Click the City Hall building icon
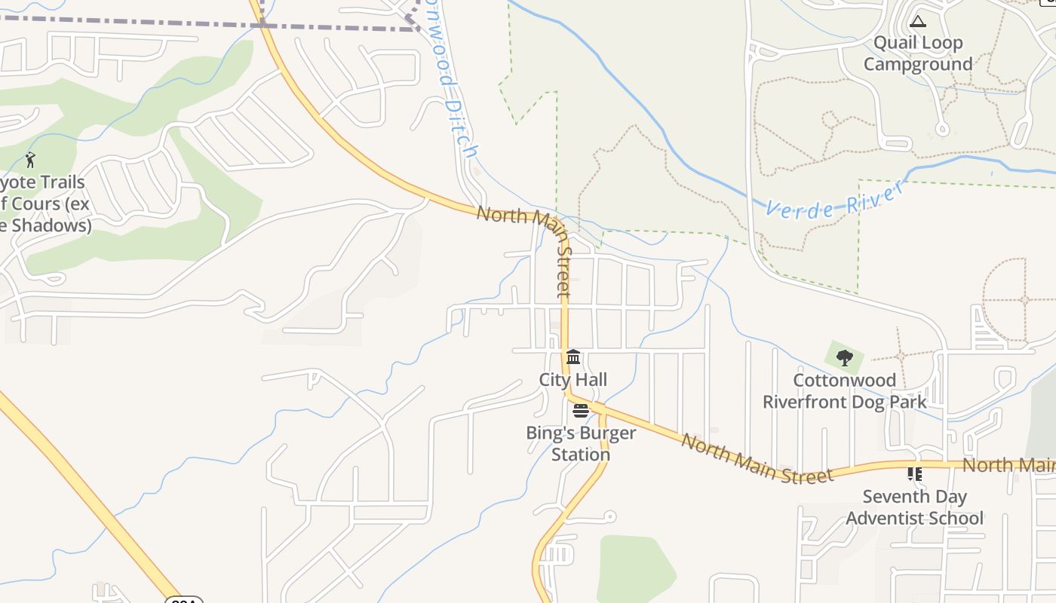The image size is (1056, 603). point(573,357)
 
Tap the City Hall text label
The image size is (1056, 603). point(573,379)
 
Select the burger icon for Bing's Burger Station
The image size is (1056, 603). point(580,411)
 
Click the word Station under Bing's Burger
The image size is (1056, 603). point(581,455)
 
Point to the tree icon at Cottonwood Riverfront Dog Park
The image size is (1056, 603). point(844,357)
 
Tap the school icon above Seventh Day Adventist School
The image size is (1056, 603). point(914,474)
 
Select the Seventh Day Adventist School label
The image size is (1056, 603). point(914,507)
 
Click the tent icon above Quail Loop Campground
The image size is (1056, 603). point(917,21)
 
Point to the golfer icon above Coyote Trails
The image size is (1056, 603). point(30,160)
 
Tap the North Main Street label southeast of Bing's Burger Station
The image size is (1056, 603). point(757,458)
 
